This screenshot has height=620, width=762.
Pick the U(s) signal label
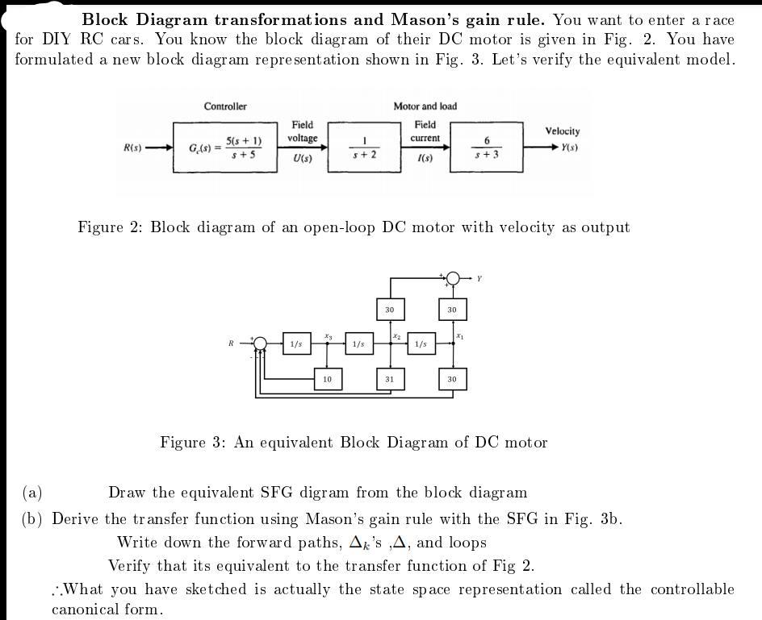tap(303, 159)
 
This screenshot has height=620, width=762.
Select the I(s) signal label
tap(425, 159)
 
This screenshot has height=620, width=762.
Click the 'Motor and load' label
tap(425, 106)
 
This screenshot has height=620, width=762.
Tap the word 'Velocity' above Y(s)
tap(562, 131)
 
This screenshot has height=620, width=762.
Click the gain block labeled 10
tap(327, 379)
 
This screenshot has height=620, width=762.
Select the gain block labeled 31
tap(390, 379)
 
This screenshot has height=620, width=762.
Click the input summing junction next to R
tap(260, 343)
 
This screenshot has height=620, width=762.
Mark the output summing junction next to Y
tap(453, 278)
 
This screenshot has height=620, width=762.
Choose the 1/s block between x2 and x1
tap(421, 344)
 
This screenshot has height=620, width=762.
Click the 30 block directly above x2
tap(390, 310)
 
